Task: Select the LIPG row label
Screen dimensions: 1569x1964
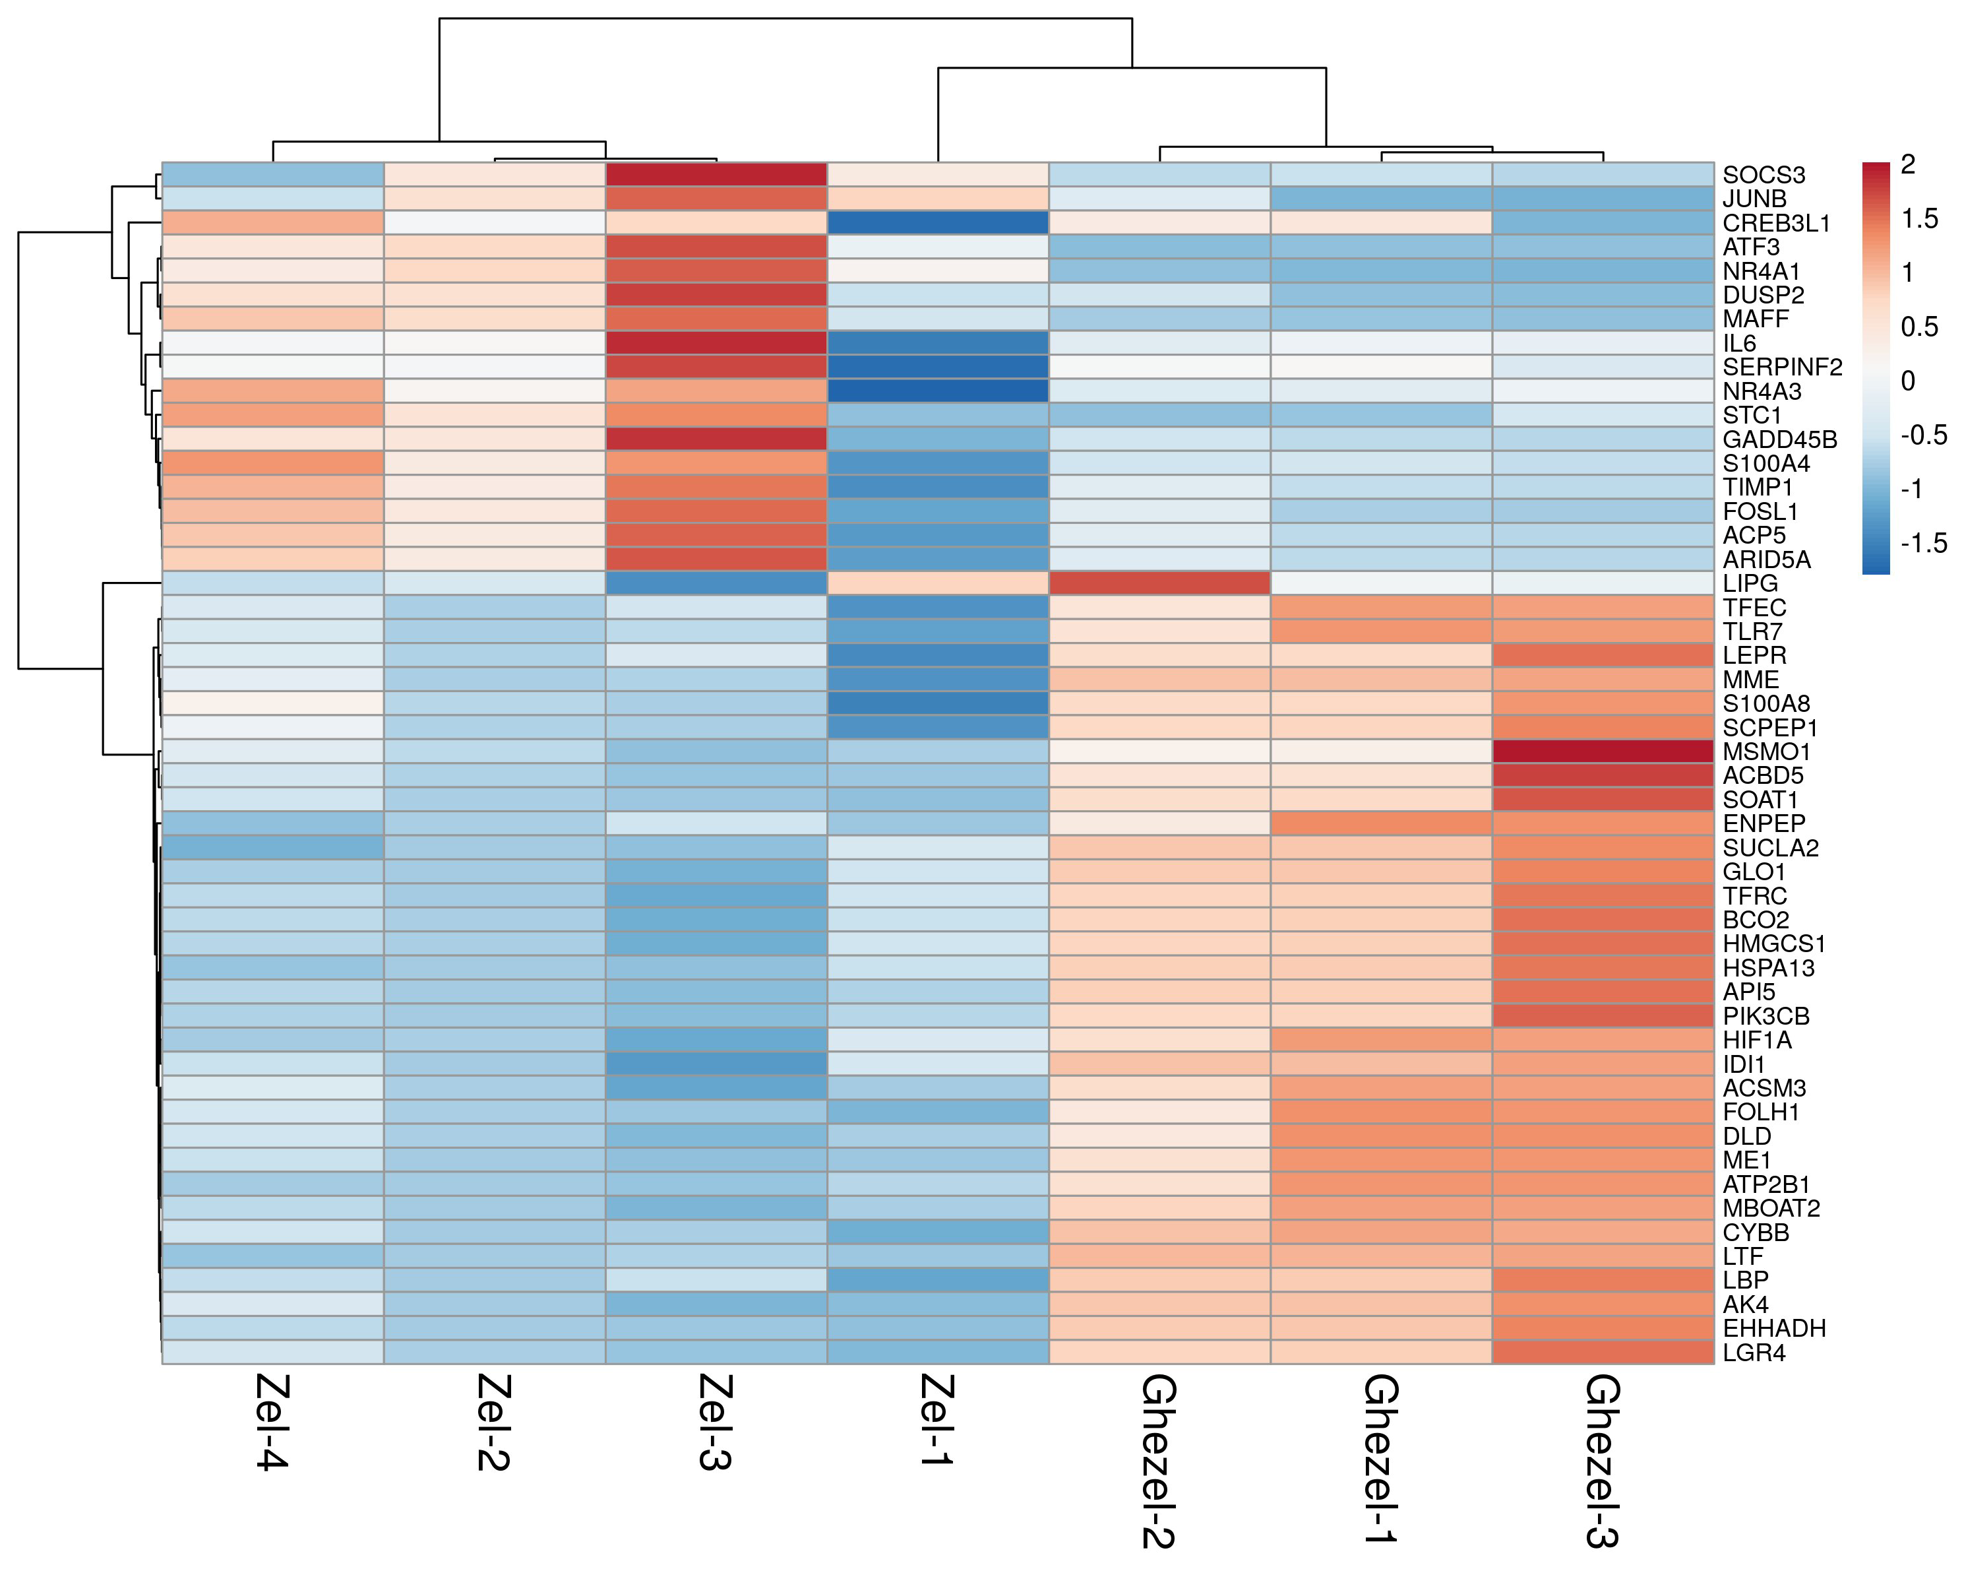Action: point(1750,583)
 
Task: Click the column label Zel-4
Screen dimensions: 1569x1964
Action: point(272,1421)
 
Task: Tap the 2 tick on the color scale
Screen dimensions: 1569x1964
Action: point(1907,165)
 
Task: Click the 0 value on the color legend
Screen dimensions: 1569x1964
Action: point(1907,381)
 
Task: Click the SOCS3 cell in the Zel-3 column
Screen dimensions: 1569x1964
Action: point(716,174)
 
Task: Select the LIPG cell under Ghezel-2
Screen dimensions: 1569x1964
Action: point(1159,583)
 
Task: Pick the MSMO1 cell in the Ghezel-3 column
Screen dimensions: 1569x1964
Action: point(1603,752)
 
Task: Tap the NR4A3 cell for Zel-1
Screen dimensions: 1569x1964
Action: point(937,391)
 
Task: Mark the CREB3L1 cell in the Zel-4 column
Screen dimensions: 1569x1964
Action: point(272,222)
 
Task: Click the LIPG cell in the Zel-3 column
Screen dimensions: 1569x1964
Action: point(716,583)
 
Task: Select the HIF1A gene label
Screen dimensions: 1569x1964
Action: point(1756,1040)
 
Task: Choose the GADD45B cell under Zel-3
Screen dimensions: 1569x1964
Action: point(716,439)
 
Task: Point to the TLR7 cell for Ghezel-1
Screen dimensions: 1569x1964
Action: point(1381,631)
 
